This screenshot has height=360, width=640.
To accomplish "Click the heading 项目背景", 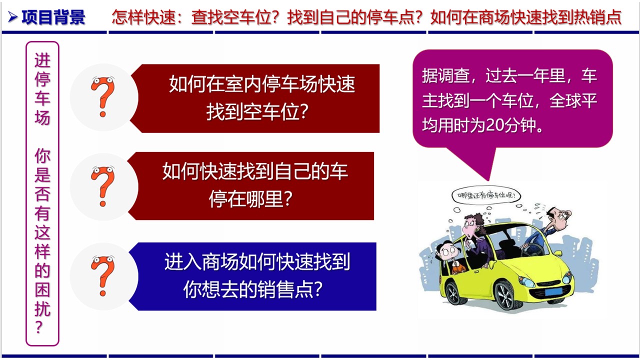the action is tap(53, 17).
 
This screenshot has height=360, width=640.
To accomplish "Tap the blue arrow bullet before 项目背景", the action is tap(12, 17).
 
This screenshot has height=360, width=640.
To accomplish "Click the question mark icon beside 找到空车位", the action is tap(103, 96).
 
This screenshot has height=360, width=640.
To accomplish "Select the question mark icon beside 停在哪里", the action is tap(103, 186).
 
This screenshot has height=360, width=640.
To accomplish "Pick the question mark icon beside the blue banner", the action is tap(103, 275).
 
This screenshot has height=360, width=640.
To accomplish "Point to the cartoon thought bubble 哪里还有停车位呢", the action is tap(486, 195).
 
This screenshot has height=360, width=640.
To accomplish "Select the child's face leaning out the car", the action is tap(448, 251).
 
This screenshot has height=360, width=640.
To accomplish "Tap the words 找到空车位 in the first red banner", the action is tap(257, 111).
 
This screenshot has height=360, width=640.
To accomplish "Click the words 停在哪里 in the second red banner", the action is tap(250, 199).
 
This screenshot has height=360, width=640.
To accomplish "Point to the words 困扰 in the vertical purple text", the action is tap(42, 299).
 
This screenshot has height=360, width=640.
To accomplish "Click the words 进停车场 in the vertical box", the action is tap(42, 88).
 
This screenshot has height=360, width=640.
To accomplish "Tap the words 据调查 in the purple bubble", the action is tap(445, 75).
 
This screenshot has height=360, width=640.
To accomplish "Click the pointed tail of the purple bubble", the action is tap(488, 180).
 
